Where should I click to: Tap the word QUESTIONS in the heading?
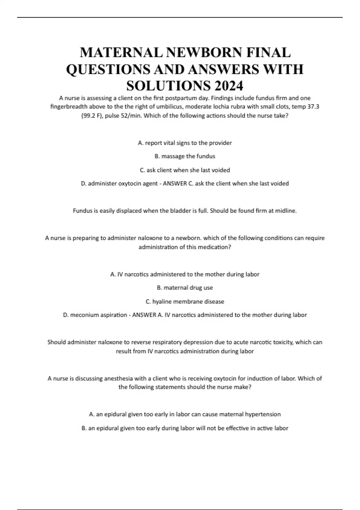pos(108,69)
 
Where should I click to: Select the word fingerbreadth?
pos(69,106)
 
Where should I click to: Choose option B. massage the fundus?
pos(185,156)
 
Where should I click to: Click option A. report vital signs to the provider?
pos(185,143)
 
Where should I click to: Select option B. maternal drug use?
pos(185,288)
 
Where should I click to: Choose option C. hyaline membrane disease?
pos(185,301)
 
